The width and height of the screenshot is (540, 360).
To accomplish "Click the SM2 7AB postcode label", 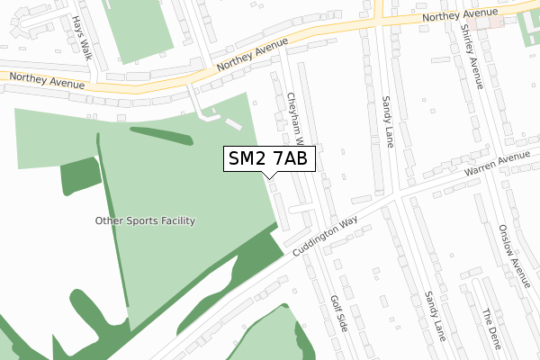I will pyautogui.click(x=268, y=158).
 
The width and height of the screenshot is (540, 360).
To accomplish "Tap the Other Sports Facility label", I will pyautogui.click(x=146, y=220).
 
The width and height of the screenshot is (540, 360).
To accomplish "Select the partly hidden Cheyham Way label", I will pyautogui.click(x=298, y=117).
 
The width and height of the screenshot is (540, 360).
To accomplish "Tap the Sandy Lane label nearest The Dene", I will pyautogui.click(x=436, y=317).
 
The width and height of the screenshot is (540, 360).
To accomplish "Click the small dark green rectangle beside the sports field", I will pyautogui.click(x=80, y=176).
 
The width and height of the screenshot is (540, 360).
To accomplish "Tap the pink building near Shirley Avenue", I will pyautogui.click(x=487, y=20).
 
